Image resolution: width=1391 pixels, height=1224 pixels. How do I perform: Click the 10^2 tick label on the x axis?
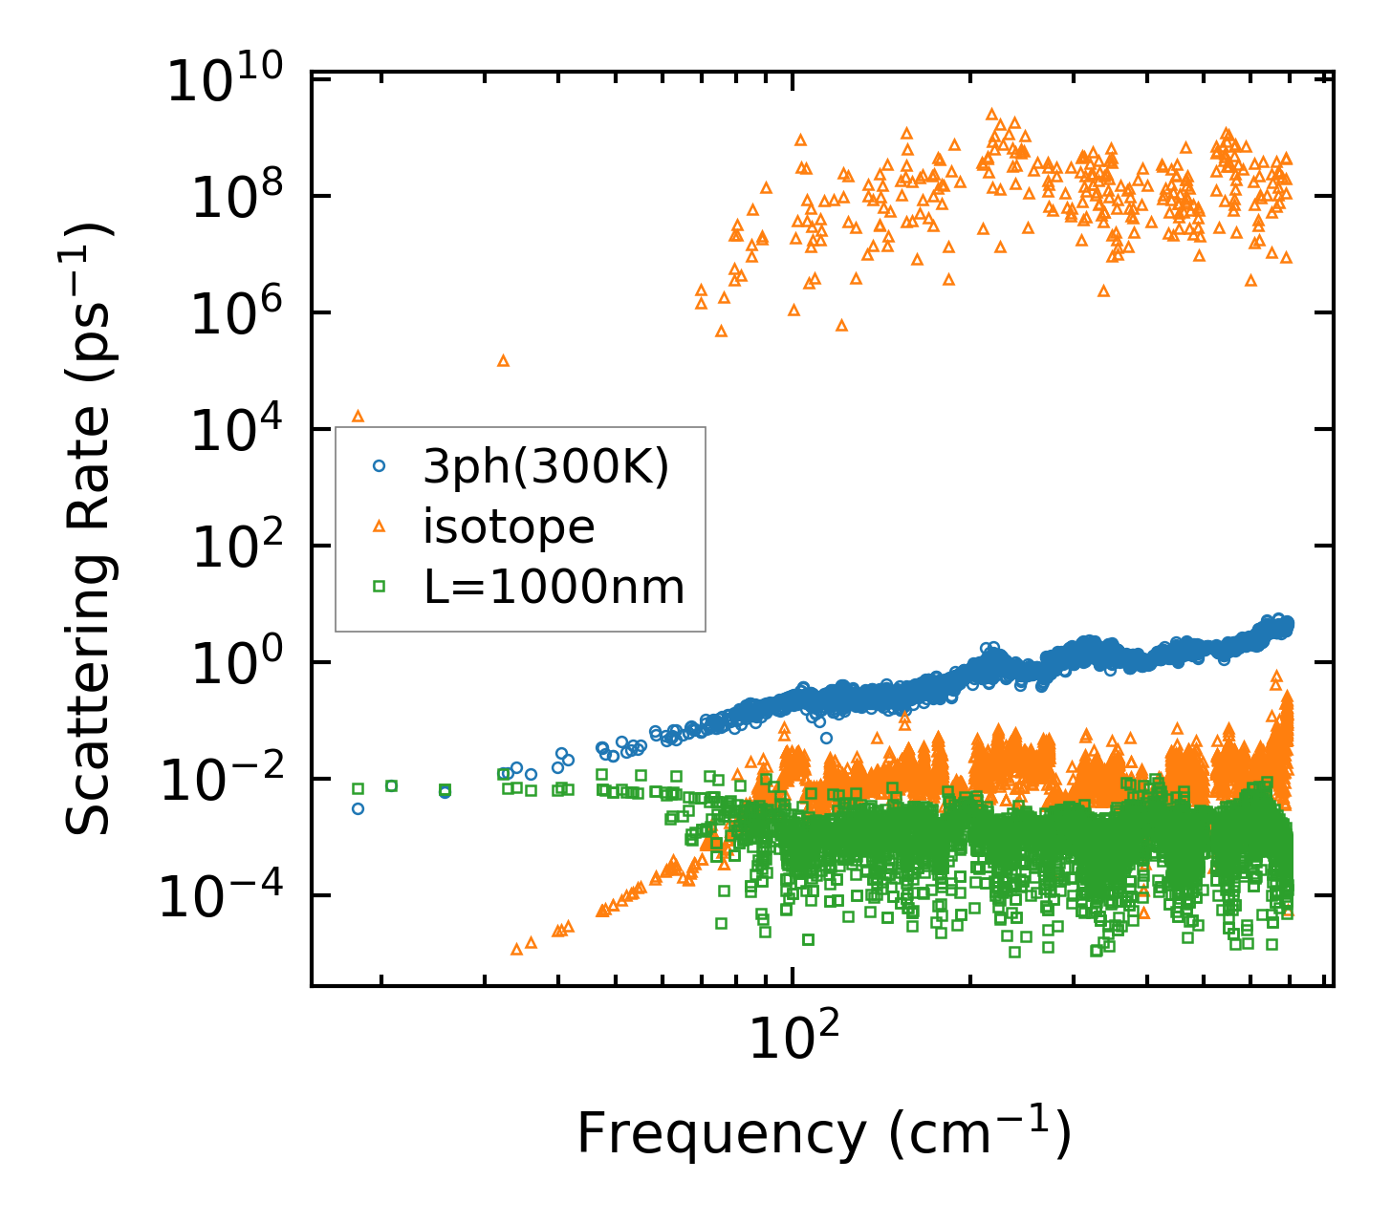792,1036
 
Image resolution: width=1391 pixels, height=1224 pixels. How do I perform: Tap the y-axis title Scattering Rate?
90,530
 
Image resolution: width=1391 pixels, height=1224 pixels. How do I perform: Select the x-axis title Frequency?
822,1134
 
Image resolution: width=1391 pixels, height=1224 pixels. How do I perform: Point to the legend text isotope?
509,526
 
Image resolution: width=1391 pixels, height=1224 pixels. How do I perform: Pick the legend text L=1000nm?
554,587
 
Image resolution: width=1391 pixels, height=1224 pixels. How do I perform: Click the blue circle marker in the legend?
379,466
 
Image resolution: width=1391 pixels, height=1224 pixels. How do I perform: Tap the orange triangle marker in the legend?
379,526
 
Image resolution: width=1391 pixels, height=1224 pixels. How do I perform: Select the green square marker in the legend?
379,586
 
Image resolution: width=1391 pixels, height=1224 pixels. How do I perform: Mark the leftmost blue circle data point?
358,808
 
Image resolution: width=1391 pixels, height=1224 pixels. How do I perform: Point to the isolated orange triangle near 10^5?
503,361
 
